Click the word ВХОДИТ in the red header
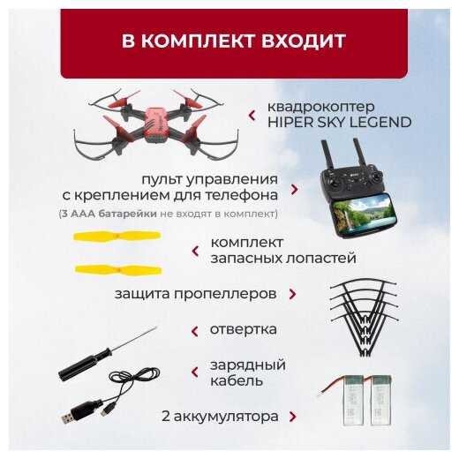(x=303, y=41)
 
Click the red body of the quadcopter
(x=155, y=124)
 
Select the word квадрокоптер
(x=320, y=107)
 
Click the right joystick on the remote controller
(x=376, y=179)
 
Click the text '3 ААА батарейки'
(x=109, y=214)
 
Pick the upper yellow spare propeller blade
(x=117, y=237)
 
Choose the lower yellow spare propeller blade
(x=118, y=270)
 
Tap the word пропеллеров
(x=225, y=294)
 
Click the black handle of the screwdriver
(x=85, y=365)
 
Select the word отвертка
(x=244, y=329)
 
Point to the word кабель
(x=237, y=380)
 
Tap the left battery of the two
(x=353, y=401)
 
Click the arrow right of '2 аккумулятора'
(x=292, y=417)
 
